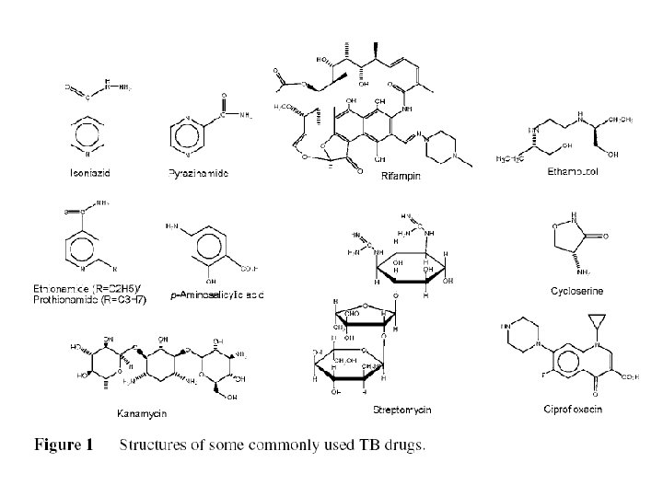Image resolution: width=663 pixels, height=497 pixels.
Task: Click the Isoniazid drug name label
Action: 93,172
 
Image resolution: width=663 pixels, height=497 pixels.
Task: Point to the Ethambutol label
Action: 574,171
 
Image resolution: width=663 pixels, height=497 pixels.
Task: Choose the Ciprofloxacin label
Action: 571,409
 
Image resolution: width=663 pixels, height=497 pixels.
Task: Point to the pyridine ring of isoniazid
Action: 92,134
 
